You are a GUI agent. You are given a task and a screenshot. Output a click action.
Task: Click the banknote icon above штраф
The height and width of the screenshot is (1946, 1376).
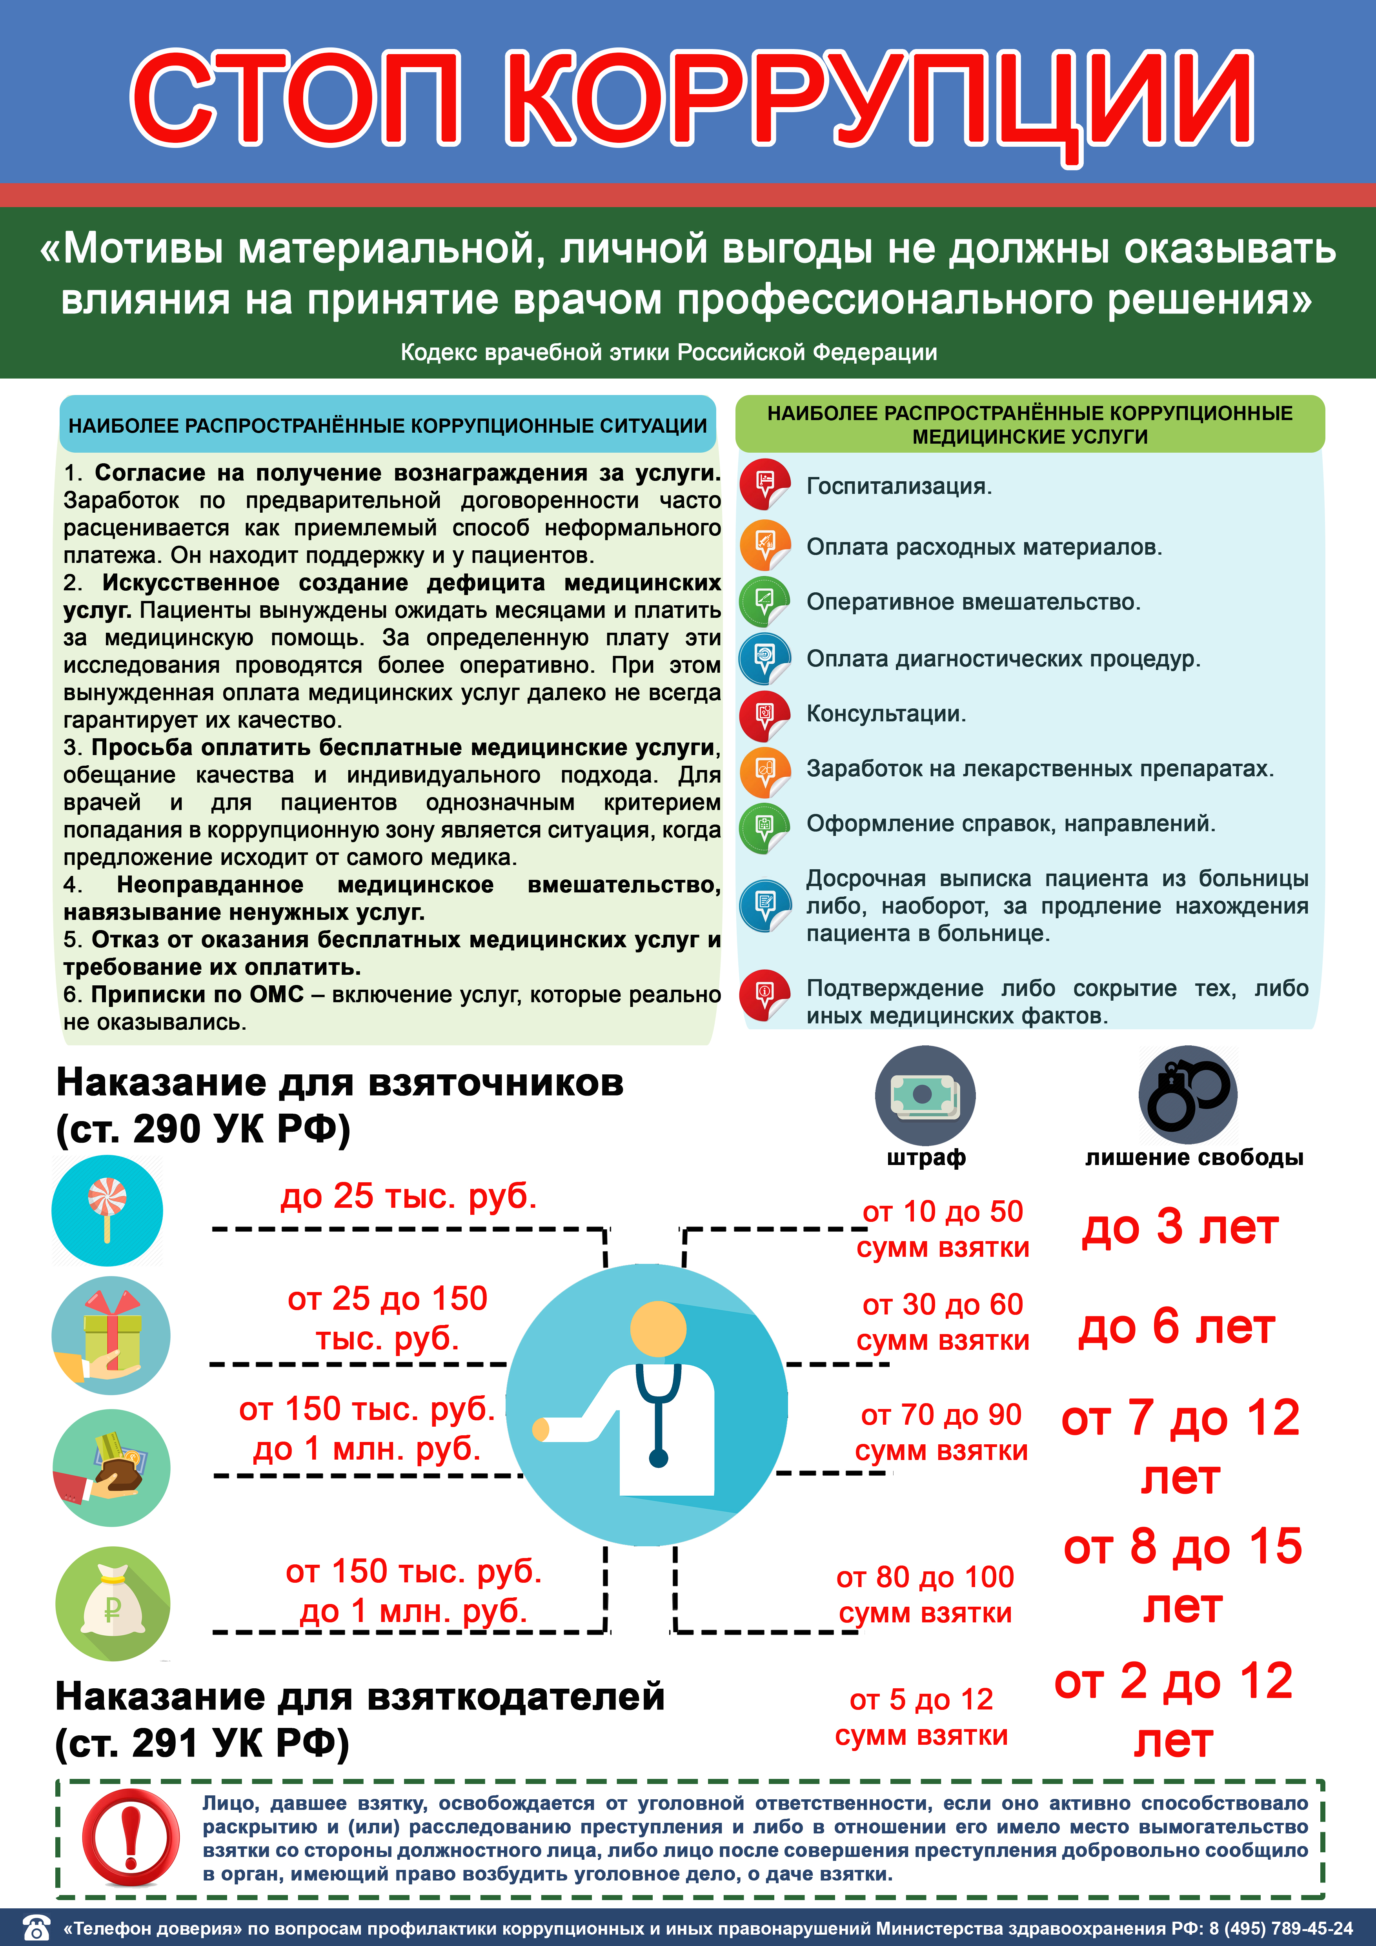tap(925, 1095)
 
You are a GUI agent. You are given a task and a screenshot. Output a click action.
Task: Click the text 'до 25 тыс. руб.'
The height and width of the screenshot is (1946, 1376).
tap(408, 1196)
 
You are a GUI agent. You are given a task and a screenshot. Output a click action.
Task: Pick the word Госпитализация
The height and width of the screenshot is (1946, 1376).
tap(898, 486)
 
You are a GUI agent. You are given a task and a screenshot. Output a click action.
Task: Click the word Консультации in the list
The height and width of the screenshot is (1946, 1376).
tap(885, 714)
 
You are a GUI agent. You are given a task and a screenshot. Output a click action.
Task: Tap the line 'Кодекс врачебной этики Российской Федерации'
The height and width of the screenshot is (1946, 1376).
tap(668, 353)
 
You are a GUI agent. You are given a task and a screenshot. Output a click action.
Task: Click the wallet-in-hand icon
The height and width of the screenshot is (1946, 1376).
tap(111, 1468)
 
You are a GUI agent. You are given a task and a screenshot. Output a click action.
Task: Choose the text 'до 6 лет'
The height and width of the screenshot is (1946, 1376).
tap(1176, 1327)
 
